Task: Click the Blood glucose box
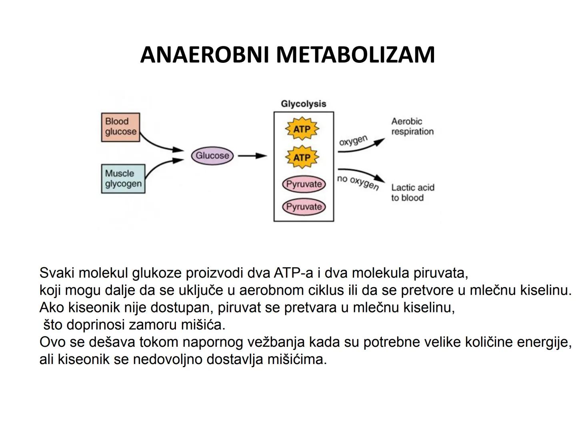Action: coord(120,127)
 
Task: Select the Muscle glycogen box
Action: coord(123,179)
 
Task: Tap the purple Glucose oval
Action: coord(212,156)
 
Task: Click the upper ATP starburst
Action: coord(302,129)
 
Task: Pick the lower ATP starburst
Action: coord(302,157)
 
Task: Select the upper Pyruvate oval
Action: coord(304,184)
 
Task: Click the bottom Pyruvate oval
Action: coord(304,207)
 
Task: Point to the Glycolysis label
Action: coord(304,104)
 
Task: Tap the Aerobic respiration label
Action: coord(412,126)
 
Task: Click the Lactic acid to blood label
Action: coord(412,192)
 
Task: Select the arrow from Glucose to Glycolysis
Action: coord(252,156)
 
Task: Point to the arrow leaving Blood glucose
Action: coord(160,144)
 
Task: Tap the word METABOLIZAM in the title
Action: coord(355,55)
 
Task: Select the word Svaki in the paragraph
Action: coord(57,273)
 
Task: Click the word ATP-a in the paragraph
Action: coord(294,273)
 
